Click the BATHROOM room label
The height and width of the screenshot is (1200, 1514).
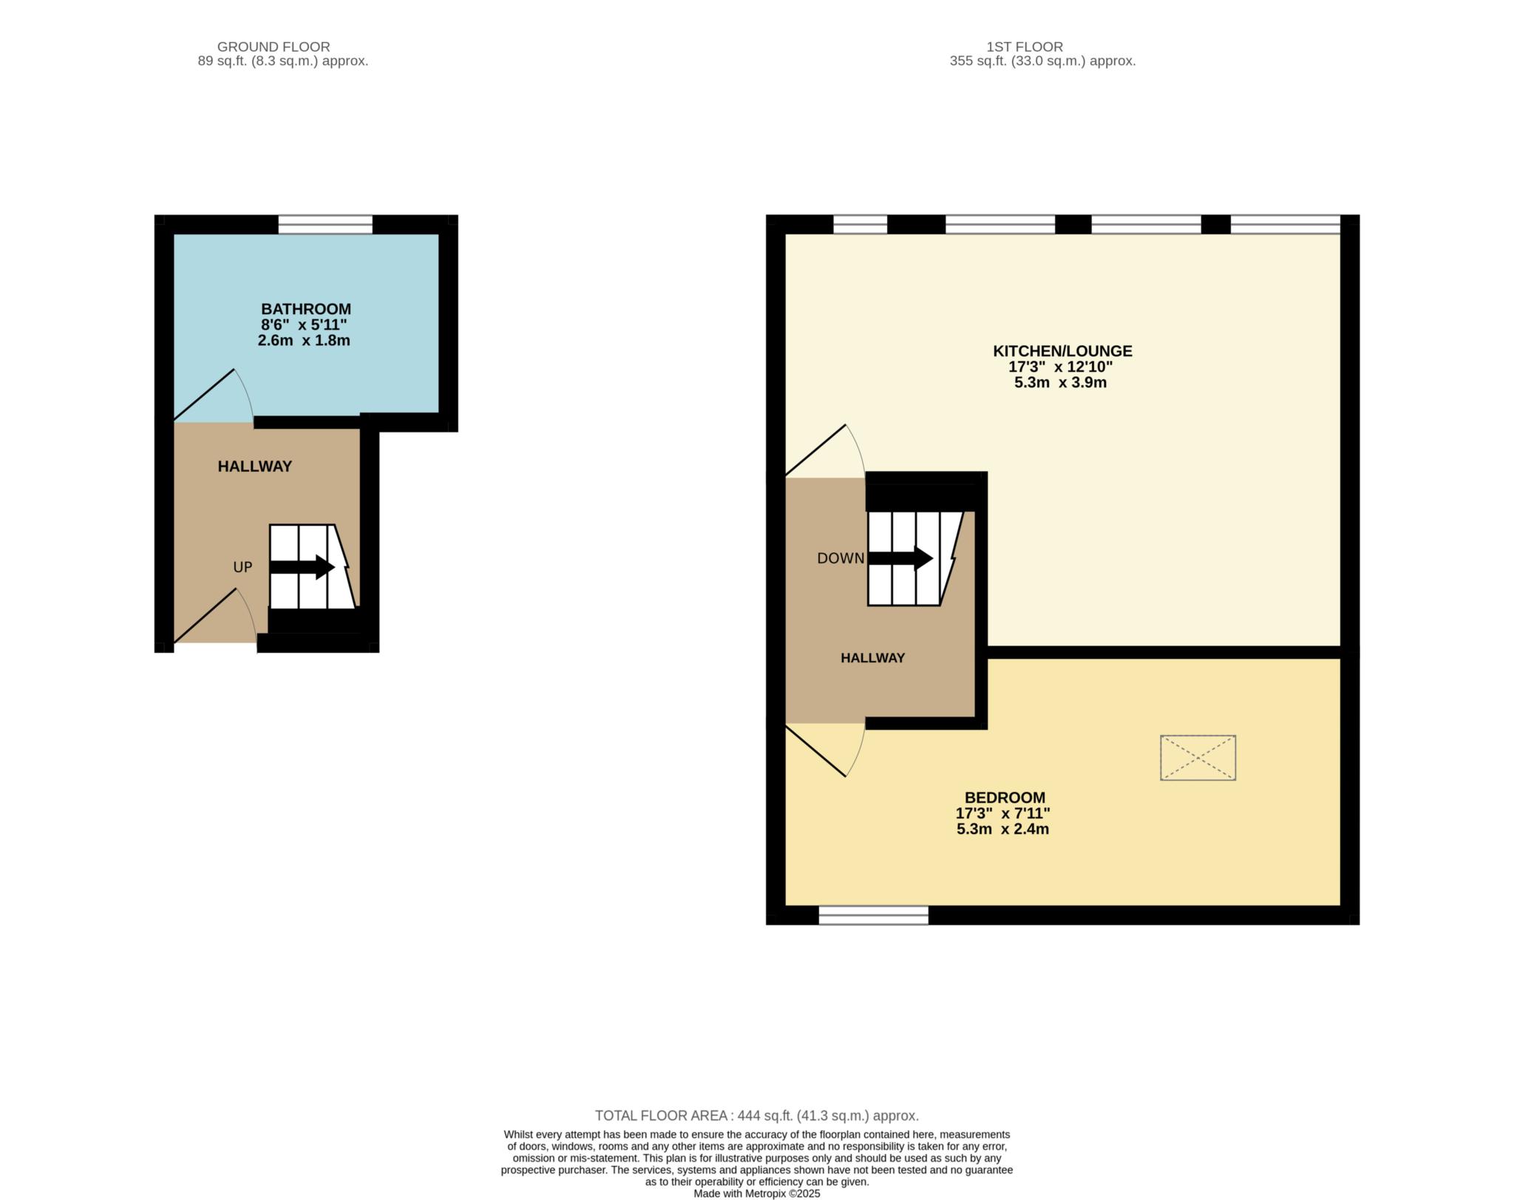[x=305, y=309]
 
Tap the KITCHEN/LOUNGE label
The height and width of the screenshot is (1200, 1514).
[x=1062, y=351]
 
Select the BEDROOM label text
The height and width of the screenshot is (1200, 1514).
[x=1004, y=798]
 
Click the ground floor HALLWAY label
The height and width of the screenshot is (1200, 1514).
[x=254, y=467]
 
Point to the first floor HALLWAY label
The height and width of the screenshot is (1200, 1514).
[x=872, y=658]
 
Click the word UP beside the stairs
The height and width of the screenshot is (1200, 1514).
[x=242, y=567]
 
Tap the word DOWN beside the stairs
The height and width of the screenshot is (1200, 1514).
[x=840, y=558]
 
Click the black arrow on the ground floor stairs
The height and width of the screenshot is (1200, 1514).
[x=302, y=567]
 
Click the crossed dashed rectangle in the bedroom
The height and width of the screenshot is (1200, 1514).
[x=1198, y=757]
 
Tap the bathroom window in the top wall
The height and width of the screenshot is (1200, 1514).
[x=325, y=224]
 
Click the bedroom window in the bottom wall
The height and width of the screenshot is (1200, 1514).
[x=873, y=915]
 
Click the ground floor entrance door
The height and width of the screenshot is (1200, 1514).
[x=214, y=617]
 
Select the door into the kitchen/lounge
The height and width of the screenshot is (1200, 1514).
[x=824, y=451]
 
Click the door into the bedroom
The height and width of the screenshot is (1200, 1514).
[x=824, y=748]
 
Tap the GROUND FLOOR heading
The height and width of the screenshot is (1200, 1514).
[x=273, y=47]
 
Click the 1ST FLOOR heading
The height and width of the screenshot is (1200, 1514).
[x=1024, y=47]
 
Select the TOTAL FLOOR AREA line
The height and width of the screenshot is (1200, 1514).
[x=756, y=1116]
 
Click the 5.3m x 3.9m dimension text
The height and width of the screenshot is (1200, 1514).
[x=1060, y=383]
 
